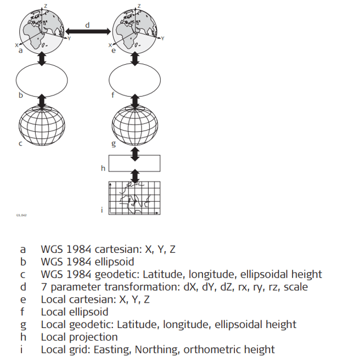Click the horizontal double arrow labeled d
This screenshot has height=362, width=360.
point(88,32)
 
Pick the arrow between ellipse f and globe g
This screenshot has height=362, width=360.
point(136,101)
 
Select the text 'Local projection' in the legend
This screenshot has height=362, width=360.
point(79,337)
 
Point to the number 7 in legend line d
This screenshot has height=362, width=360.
point(44,286)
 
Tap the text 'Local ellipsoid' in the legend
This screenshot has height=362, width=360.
point(74,312)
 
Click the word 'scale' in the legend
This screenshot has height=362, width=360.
point(295,286)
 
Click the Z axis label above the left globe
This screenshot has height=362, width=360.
point(46,5)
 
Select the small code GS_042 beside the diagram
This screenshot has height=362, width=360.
point(21,216)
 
